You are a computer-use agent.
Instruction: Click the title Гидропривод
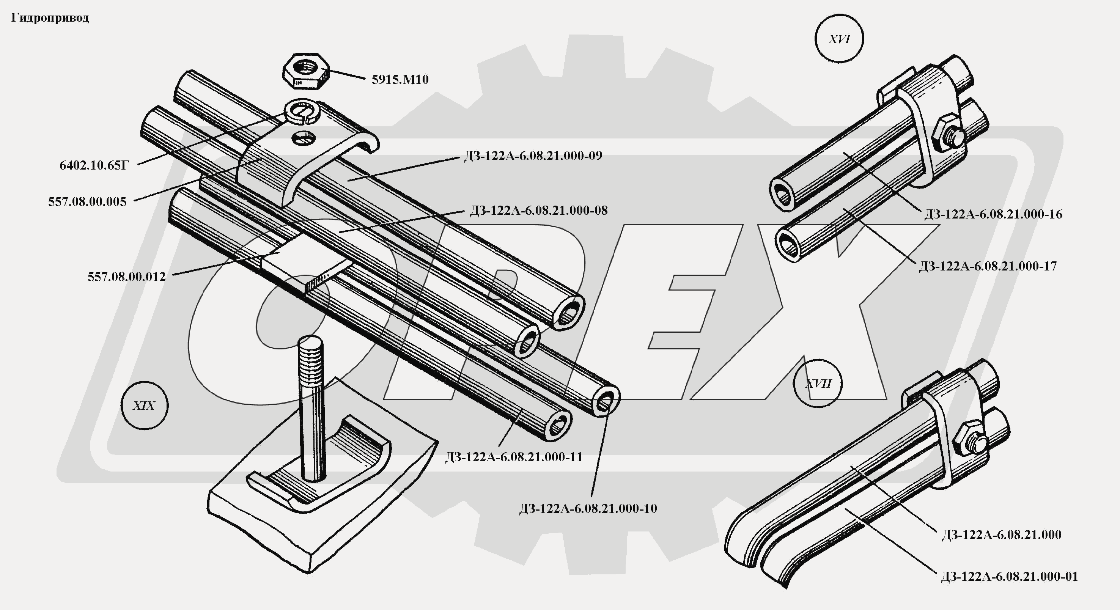50,18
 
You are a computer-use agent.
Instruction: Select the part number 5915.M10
400,80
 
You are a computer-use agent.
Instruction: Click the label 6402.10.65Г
94,166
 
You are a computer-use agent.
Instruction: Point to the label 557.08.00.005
87,202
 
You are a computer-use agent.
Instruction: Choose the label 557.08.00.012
126,277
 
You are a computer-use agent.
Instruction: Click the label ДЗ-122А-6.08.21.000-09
533,156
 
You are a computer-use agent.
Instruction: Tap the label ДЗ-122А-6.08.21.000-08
539,211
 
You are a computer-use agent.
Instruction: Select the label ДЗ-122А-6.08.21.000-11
513,457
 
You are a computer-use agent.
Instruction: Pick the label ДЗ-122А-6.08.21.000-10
588,508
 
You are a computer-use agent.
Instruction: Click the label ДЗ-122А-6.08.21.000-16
993,214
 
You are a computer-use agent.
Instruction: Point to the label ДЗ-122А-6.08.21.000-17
987,266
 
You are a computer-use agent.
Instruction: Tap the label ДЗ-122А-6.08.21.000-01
1009,577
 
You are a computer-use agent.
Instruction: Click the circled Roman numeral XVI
839,39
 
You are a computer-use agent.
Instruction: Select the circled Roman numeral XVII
818,384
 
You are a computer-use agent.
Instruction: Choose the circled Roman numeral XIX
144,406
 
